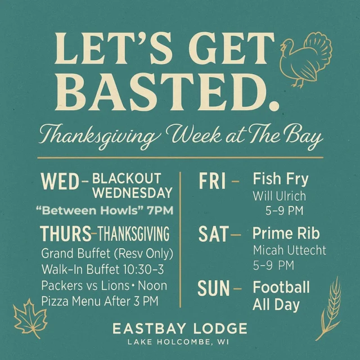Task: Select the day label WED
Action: point(59,182)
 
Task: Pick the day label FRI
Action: point(213,181)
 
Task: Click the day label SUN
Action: point(214,289)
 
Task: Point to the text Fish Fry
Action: point(281,179)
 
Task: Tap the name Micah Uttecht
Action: point(289,250)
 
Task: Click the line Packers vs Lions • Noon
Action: point(104,285)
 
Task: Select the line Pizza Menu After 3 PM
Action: point(100,301)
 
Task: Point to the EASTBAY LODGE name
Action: point(180,328)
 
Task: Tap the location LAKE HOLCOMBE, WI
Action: point(180,342)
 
